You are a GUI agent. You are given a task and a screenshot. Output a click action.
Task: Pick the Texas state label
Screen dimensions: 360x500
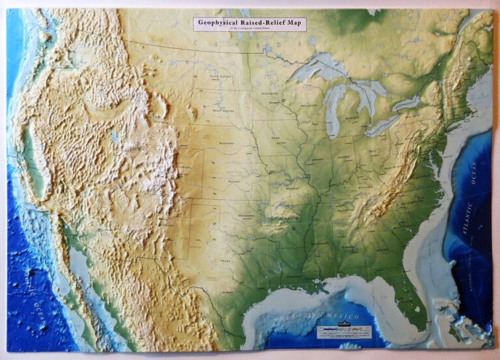click(x=225, y=261)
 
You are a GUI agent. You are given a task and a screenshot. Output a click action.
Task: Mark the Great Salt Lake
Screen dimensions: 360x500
click(x=115, y=137)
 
